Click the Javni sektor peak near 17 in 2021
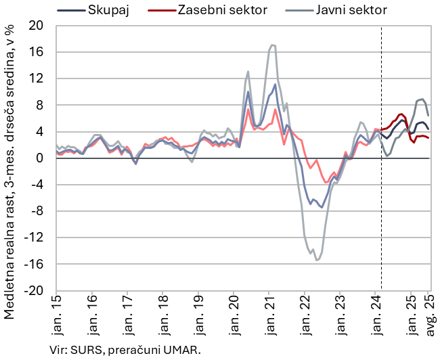(272, 45)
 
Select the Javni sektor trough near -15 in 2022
(317, 260)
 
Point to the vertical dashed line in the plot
(381, 203)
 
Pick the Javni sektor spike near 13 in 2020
(248, 71)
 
